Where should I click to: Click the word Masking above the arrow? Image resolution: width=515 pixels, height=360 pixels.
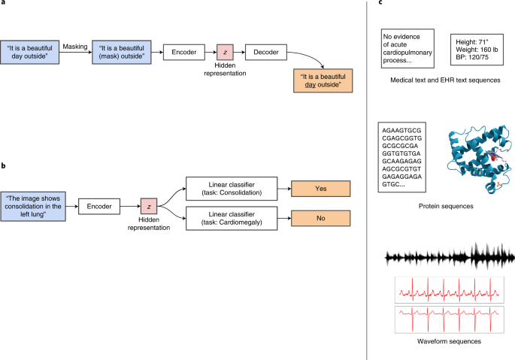click(x=75, y=44)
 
